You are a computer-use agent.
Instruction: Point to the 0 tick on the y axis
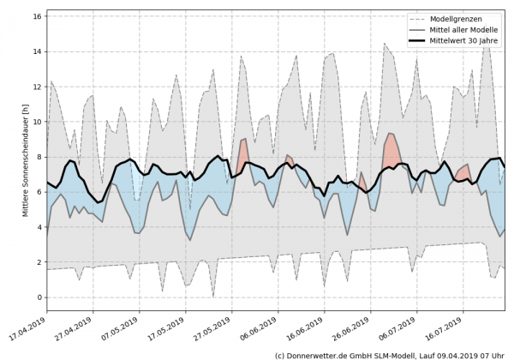pyautogui.click(x=39, y=297)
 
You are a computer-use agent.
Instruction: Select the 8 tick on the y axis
pyautogui.click(x=39, y=157)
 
